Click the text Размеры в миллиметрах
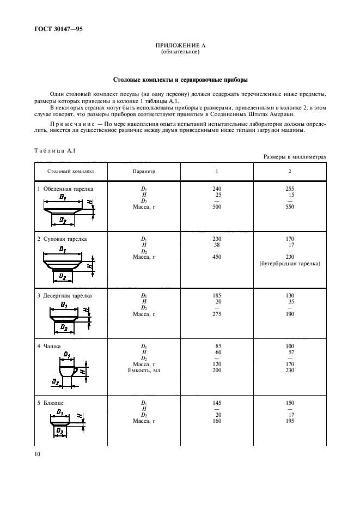[x=295, y=156]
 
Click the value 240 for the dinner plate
[x=217, y=189]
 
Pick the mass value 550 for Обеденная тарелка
[x=290, y=207]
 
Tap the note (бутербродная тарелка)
[x=290, y=264]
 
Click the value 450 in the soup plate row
[x=217, y=257]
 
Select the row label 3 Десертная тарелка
[x=64, y=296]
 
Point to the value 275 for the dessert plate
[x=217, y=314]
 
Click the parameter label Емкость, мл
[x=144, y=371]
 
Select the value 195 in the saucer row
[x=290, y=421]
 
